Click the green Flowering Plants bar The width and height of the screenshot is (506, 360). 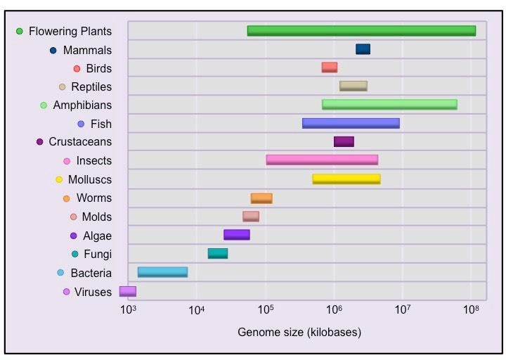click(x=361, y=31)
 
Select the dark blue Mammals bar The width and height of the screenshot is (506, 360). click(x=363, y=49)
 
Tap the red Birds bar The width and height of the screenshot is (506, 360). click(x=329, y=67)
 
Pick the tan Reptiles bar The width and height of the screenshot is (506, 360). click(x=353, y=86)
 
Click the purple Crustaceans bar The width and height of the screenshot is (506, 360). click(x=344, y=141)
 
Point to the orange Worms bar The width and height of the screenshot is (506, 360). click(x=261, y=198)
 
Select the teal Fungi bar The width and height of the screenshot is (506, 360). click(x=218, y=253)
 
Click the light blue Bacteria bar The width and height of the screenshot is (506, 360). click(x=162, y=272)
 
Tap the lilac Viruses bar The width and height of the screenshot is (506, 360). click(x=127, y=291)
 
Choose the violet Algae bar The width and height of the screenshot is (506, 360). click(x=236, y=235)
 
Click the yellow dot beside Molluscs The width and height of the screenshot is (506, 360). click(x=59, y=179)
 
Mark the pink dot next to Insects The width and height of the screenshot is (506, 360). click(x=67, y=161)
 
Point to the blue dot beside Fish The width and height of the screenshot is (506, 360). click(x=81, y=124)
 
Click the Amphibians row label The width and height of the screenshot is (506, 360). click(x=82, y=105)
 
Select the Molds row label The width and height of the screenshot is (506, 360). click(x=96, y=217)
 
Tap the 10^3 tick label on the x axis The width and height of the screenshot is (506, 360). click(x=128, y=310)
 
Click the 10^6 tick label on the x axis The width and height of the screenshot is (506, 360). click(x=334, y=310)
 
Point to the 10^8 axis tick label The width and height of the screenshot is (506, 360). click(x=471, y=310)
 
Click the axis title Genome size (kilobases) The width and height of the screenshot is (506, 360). click(x=299, y=331)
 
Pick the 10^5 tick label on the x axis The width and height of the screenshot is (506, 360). click(x=265, y=310)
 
